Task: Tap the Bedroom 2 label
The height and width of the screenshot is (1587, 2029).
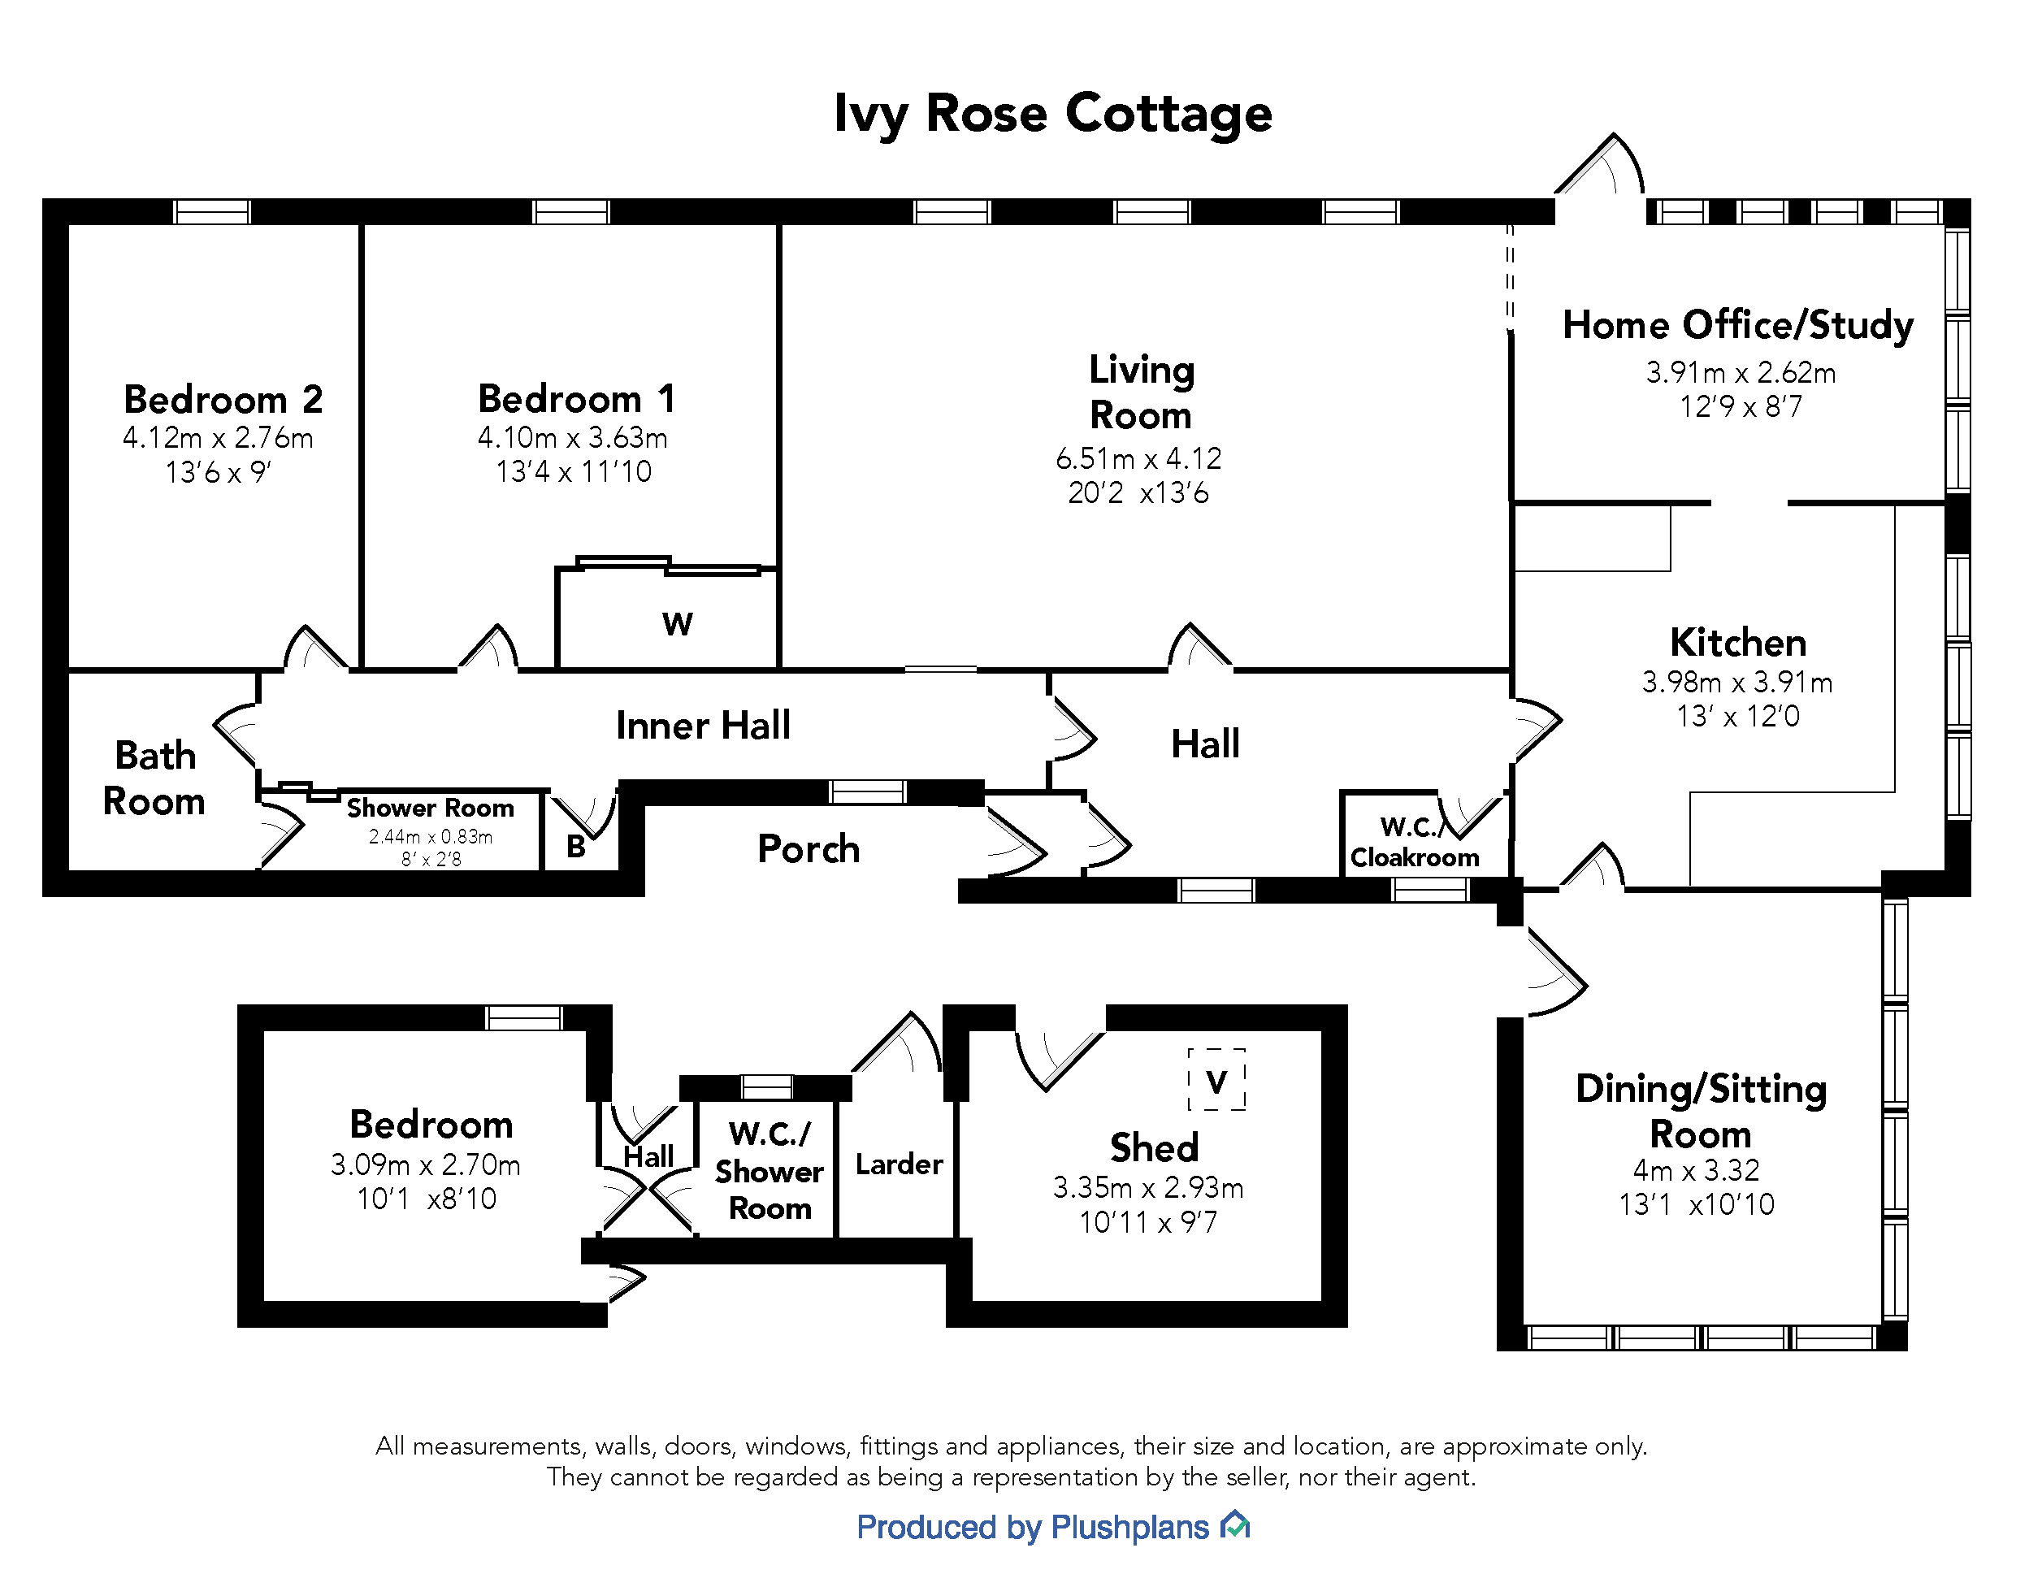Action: pyautogui.click(x=223, y=400)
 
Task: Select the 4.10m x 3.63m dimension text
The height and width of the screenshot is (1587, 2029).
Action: pyautogui.click(x=572, y=438)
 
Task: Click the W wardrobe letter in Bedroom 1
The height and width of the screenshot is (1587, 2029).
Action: pyautogui.click(x=677, y=623)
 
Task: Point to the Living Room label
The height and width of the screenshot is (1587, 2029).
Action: pyautogui.click(x=1141, y=392)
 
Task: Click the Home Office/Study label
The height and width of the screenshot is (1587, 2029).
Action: pyautogui.click(x=1737, y=325)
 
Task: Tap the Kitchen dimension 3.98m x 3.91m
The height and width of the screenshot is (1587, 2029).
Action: pyautogui.click(x=1736, y=683)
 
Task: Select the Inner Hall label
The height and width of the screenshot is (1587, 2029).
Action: pyautogui.click(x=703, y=726)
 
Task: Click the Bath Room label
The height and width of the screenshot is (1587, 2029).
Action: pyautogui.click(x=154, y=778)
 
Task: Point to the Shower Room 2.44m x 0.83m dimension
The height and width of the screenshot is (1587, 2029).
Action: pyautogui.click(x=430, y=836)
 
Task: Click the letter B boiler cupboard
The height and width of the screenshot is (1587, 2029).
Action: pyautogui.click(x=576, y=848)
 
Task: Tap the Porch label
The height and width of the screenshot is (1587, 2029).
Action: pyautogui.click(x=809, y=849)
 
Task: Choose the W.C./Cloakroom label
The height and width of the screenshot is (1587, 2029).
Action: pyautogui.click(x=1414, y=842)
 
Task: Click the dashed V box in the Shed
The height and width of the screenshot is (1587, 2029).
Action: pyautogui.click(x=1216, y=1081)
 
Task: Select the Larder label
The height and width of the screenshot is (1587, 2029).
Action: pyautogui.click(x=899, y=1164)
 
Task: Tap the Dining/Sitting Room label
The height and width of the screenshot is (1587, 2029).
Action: pyautogui.click(x=1701, y=1112)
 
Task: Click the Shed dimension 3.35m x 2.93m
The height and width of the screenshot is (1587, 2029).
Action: pyautogui.click(x=1147, y=1187)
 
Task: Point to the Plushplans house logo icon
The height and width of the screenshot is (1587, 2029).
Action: pyautogui.click(x=1236, y=1526)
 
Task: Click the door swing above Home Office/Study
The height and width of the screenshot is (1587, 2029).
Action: pyautogui.click(x=1601, y=167)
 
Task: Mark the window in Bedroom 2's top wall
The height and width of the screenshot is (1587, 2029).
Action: pyautogui.click(x=213, y=212)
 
